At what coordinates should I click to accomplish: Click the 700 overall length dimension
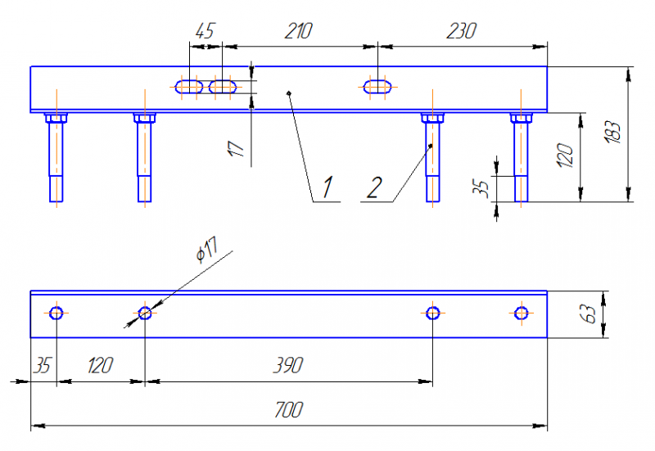pyautogui.click(x=289, y=409)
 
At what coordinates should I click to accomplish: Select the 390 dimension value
pyautogui.click(x=288, y=365)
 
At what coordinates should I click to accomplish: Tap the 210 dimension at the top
pyautogui.click(x=298, y=31)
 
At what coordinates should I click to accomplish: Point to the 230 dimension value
pyautogui.click(x=461, y=31)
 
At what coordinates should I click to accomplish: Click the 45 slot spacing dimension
pyautogui.click(x=205, y=31)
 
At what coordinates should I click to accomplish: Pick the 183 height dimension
pyautogui.click(x=613, y=133)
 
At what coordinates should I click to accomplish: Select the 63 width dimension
pyautogui.click(x=588, y=314)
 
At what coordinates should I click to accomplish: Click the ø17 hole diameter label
pyautogui.click(x=207, y=250)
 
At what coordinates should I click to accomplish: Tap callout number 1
pyautogui.click(x=327, y=187)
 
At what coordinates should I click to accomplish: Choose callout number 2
pyautogui.click(x=374, y=187)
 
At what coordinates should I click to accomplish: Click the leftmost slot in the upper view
pyautogui.click(x=189, y=87)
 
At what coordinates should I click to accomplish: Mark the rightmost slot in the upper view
pyautogui.click(x=377, y=87)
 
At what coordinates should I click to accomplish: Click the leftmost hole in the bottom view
pyautogui.click(x=56, y=313)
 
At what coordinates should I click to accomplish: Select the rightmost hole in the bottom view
pyautogui.click(x=521, y=313)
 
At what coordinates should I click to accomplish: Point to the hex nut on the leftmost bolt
pyautogui.click(x=56, y=118)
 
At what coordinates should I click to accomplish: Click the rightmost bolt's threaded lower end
pyautogui.click(x=521, y=189)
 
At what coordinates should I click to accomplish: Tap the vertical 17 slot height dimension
pyautogui.click(x=236, y=149)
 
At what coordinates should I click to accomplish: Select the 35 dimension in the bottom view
pyautogui.click(x=42, y=365)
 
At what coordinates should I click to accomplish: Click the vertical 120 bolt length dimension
pyautogui.click(x=565, y=156)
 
